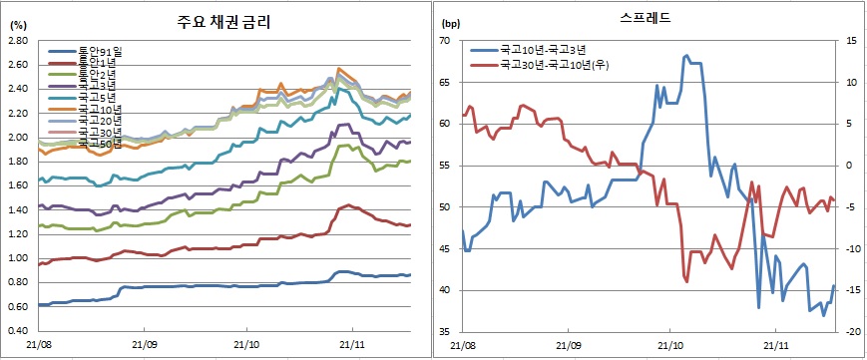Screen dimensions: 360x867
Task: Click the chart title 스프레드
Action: pos(650,19)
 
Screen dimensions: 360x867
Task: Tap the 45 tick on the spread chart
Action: pos(445,248)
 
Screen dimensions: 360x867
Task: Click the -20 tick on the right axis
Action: pos(852,331)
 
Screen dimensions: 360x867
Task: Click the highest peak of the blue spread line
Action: pos(686,56)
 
